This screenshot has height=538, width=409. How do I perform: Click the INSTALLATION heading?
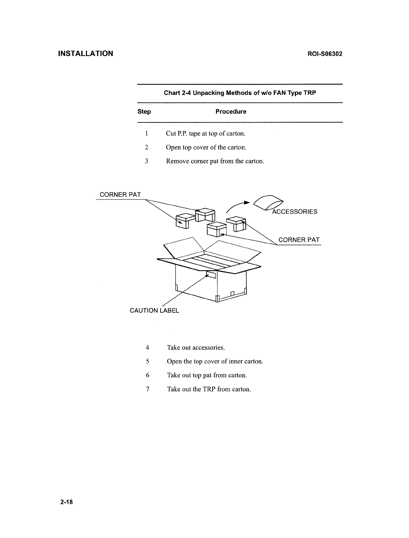(x=86, y=54)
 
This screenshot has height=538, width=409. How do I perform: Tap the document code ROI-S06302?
(x=321, y=54)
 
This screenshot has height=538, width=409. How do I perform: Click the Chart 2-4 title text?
(x=240, y=93)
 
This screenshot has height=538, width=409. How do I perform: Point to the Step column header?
(x=144, y=112)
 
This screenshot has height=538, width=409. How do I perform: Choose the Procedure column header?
(x=231, y=112)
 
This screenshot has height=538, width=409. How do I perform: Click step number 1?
(x=146, y=133)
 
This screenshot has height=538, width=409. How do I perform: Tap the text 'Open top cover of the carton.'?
(x=206, y=148)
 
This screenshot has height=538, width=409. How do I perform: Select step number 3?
(x=146, y=161)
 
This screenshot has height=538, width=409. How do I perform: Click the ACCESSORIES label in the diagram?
(x=295, y=212)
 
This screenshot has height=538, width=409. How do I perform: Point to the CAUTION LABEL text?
(x=154, y=311)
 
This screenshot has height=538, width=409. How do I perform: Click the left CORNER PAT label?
(x=120, y=195)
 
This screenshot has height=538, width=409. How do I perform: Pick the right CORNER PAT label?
(x=299, y=240)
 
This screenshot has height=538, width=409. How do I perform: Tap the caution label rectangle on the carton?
(x=211, y=275)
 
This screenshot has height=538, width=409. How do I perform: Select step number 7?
(x=147, y=389)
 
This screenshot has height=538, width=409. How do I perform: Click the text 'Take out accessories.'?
(x=196, y=348)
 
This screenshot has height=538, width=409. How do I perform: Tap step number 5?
(x=147, y=362)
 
